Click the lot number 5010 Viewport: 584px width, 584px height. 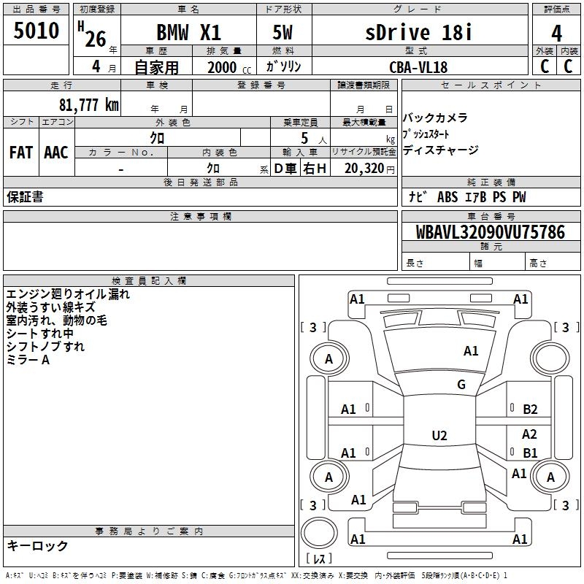coord(36,31)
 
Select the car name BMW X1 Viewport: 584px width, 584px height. coord(189,33)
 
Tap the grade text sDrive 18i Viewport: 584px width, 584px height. coord(418,32)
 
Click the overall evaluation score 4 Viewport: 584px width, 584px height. coord(557,33)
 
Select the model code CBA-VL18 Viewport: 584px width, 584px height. coord(418,67)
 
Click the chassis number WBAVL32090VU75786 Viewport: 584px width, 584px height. coord(491,232)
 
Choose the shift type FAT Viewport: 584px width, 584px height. coord(20,153)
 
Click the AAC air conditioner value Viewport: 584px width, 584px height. coord(56,153)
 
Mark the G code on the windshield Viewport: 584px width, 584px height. coord(461,385)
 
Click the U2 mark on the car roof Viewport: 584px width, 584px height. coord(439,436)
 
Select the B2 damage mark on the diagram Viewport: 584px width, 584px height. coord(530,410)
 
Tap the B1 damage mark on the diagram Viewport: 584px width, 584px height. coord(530,453)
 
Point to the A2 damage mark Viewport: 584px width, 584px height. coord(529,434)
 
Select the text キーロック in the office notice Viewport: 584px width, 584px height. coord(37,545)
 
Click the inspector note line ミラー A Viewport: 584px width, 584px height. coord(28,360)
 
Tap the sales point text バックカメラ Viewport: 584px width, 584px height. coord(435,118)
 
